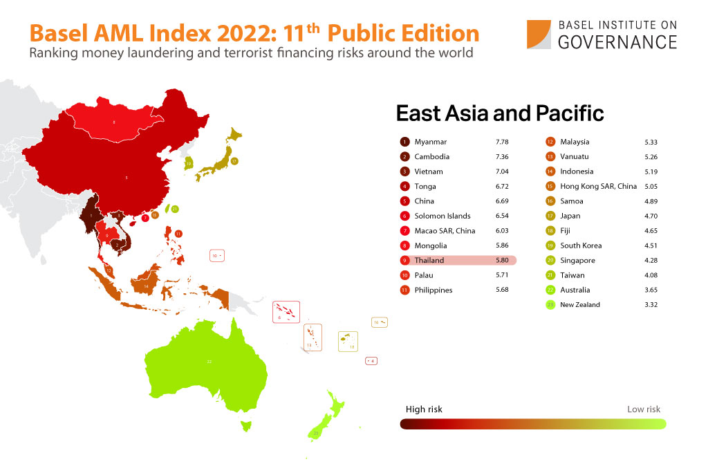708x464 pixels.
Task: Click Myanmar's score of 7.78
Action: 501,142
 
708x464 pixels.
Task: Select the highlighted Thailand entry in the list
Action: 456,261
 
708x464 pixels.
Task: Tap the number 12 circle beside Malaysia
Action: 550,142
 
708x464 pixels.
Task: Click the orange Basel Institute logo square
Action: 539,35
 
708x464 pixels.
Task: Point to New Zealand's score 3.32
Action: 650,305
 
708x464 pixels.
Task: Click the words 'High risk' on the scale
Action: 424,409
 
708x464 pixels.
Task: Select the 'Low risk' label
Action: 643,409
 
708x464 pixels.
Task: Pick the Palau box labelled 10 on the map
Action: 217,256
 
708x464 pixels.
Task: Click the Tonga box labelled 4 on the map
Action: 371,360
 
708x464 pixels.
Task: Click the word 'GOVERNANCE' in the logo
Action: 617,42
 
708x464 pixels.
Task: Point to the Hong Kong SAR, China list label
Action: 598,186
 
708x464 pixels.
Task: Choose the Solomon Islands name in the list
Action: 442,216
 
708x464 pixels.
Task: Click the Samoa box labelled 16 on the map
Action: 380,322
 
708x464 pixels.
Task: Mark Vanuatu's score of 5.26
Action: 650,156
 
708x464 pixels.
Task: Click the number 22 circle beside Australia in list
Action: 550,290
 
